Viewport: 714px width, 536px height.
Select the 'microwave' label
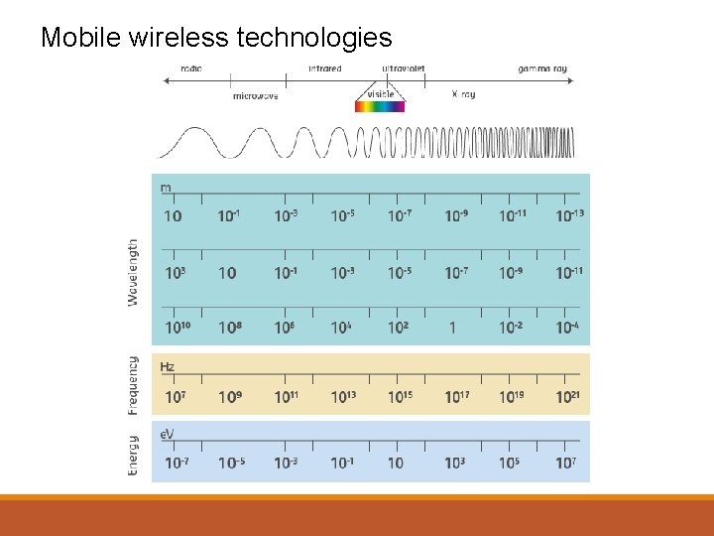click(x=255, y=96)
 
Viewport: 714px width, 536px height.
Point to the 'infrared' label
click(x=324, y=68)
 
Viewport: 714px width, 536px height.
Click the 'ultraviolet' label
click(x=404, y=68)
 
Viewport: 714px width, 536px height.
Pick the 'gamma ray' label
click(x=542, y=68)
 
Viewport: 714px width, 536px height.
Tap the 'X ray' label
click(x=463, y=95)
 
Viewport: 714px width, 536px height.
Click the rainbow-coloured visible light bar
click(x=381, y=106)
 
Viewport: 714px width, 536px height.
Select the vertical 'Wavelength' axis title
click(x=134, y=271)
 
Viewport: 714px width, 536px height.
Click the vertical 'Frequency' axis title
click(x=134, y=384)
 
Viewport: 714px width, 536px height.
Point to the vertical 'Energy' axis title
click(x=134, y=456)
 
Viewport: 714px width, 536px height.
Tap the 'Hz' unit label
click(x=167, y=367)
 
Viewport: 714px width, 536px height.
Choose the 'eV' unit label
click(x=168, y=435)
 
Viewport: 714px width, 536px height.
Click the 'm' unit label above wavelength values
click(x=166, y=188)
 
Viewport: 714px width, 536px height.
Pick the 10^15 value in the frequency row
click(x=399, y=397)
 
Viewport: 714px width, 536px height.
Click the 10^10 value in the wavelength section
click(x=176, y=327)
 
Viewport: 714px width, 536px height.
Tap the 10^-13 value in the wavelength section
click(x=569, y=215)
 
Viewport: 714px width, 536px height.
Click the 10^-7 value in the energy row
click(x=175, y=463)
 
